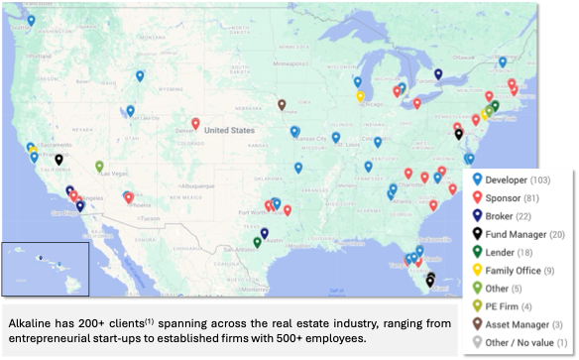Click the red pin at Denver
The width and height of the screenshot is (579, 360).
point(196,125)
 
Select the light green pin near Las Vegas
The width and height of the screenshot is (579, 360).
point(99,166)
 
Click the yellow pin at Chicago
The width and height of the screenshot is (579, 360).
point(360,96)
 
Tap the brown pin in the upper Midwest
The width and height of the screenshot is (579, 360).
point(282,103)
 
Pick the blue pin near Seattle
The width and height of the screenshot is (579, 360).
point(31,20)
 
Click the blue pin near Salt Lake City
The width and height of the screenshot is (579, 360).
point(131,111)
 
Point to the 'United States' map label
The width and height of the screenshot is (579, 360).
point(229,130)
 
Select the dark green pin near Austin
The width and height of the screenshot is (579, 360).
point(257,241)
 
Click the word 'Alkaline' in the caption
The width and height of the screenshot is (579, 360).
point(30,324)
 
